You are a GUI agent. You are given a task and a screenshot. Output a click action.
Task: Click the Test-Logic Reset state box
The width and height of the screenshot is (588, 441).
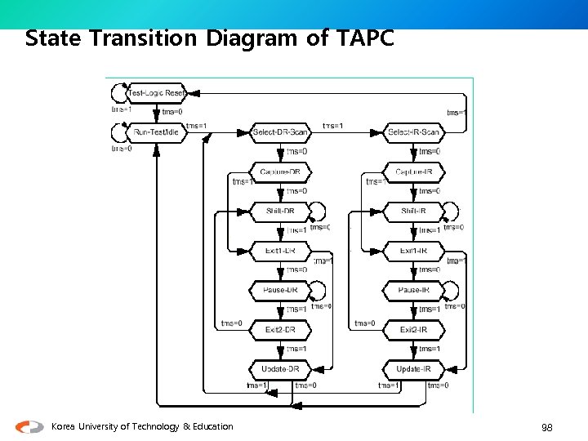pyautogui.click(x=158, y=93)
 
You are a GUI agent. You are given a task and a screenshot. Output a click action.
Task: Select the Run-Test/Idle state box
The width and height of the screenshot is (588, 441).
pyautogui.click(x=157, y=132)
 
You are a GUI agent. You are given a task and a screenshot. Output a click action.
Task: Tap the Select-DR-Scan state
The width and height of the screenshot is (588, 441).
pyautogui.click(x=280, y=132)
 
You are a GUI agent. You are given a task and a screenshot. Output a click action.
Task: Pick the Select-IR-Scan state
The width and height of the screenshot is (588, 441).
pyautogui.click(x=413, y=132)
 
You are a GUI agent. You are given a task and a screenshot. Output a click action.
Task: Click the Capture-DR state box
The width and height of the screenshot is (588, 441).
pyautogui.click(x=280, y=171)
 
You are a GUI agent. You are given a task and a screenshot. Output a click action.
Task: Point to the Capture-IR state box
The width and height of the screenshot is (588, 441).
pyautogui.click(x=413, y=171)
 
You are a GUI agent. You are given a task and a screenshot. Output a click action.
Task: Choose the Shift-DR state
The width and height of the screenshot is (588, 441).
pyautogui.click(x=280, y=211)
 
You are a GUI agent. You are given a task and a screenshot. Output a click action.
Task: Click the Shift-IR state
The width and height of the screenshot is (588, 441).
pyautogui.click(x=413, y=211)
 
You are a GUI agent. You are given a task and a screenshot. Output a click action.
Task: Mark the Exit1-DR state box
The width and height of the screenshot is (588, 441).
pyautogui.click(x=280, y=250)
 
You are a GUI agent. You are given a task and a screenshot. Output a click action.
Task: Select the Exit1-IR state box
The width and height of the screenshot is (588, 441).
pyautogui.click(x=413, y=250)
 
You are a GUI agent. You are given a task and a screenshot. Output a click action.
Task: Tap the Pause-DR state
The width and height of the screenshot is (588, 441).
pyautogui.click(x=280, y=290)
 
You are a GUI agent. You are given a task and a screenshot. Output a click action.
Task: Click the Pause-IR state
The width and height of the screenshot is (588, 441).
pyautogui.click(x=413, y=290)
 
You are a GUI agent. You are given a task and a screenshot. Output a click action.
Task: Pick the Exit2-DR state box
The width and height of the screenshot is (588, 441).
pyautogui.click(x=280, y=329)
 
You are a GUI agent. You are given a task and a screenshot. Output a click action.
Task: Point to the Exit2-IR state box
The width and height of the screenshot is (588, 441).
pyautogui.click(x=413, y=329)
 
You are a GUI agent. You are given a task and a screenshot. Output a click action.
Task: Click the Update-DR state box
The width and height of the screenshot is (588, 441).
pyautogui.click(x=280, y=369)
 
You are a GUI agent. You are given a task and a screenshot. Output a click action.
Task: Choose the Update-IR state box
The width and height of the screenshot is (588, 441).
pyautogui.click(x=413, y=369)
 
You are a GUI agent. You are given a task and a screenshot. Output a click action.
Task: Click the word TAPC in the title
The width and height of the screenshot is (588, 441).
pyautogui.click(x=363, y=38)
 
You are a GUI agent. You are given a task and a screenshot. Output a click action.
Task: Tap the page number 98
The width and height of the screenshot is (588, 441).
pyautogui.click(x=547, y=427)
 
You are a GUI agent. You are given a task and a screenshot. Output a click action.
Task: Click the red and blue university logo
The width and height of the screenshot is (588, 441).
pyautogui.click(x=30, y=426)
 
